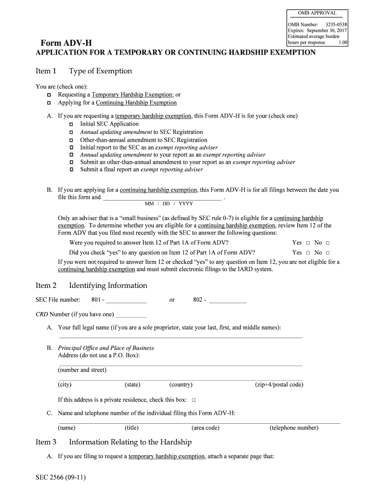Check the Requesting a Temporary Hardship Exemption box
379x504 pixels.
49,94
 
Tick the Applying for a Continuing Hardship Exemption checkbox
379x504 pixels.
49,103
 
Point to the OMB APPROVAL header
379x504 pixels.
317,13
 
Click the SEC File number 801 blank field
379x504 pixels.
126,300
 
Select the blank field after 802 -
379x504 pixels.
227,300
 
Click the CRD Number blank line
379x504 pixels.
131,315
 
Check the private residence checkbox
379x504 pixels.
194,400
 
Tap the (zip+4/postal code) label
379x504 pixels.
279,385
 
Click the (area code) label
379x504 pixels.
205,428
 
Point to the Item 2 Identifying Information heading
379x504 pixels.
92,286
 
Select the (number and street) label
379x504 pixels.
82,370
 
